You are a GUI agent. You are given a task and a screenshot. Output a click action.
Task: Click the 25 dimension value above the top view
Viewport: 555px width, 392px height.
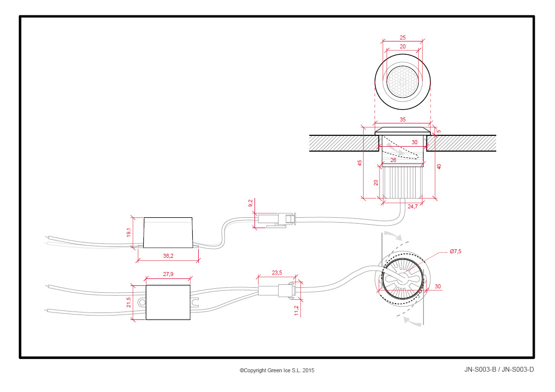402,38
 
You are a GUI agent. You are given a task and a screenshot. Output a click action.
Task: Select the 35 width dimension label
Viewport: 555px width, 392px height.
402,119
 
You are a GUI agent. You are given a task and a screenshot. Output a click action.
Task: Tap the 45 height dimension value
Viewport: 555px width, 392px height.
360,163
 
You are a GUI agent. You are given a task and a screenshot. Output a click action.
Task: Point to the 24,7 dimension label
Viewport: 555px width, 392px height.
413,206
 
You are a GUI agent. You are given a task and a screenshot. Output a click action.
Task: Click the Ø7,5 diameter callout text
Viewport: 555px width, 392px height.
456,251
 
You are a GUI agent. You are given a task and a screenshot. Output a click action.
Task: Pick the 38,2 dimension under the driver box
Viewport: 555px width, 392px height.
168,256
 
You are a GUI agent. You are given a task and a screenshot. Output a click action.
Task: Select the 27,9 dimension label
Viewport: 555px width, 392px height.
168,274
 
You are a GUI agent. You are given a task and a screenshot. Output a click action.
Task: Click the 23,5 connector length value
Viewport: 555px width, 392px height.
277,273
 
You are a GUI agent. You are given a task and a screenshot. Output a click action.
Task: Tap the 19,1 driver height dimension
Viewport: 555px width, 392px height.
128,232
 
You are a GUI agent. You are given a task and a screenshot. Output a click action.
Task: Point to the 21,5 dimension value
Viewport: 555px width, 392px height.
128,302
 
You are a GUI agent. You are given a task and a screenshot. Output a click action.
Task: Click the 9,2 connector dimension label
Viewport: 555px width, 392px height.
251,203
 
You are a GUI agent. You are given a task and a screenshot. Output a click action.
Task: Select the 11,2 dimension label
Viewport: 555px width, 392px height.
297,311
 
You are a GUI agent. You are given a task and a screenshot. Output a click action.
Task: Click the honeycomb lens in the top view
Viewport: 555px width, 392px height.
402,82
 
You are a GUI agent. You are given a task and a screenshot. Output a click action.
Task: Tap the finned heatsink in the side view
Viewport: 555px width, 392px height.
402,183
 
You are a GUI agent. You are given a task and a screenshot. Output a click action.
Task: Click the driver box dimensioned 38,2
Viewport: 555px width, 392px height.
168,233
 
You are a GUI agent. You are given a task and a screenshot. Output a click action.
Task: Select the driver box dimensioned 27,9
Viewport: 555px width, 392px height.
168,302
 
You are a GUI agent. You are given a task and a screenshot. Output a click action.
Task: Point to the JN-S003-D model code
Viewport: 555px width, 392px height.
518,370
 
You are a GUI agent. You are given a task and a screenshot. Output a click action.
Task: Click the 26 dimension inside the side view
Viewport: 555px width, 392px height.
393,160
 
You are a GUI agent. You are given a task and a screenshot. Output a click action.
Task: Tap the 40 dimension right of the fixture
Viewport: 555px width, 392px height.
439,166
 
